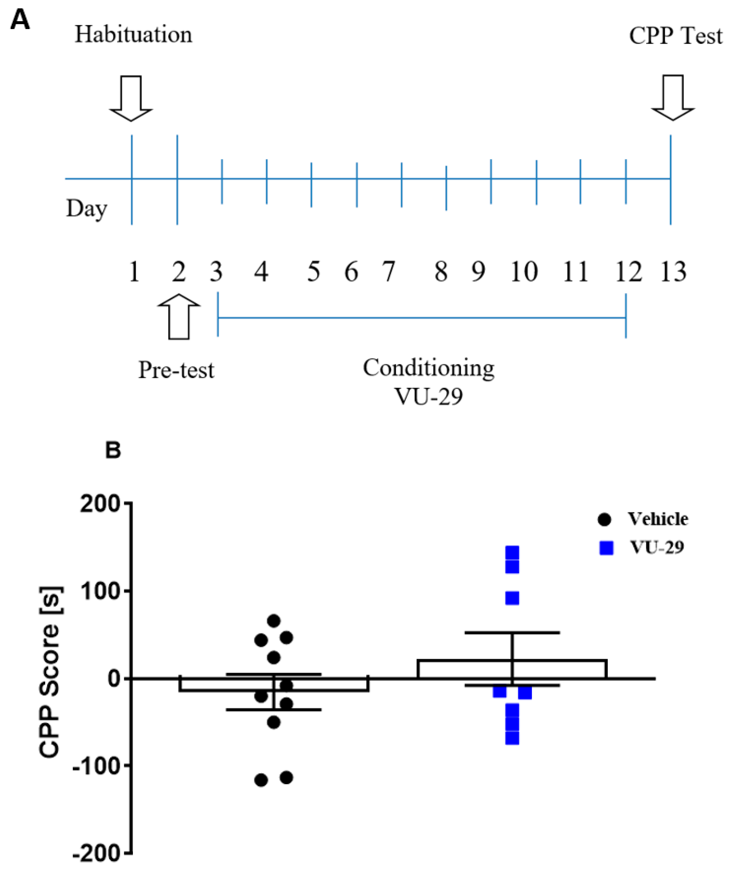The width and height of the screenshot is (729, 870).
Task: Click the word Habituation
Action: click(x=133, y=35)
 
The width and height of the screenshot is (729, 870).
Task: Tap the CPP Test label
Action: click(x=676, y=36)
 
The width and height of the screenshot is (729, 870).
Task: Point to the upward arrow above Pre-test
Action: click(x=179, y=317)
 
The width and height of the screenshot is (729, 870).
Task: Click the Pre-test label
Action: click(x=176, y=370)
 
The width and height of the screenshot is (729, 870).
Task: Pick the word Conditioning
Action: click(x=429, y=368)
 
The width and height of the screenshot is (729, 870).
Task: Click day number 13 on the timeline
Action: click(x=673, y=272)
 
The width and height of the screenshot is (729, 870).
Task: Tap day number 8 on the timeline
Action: click(x=441, y=272)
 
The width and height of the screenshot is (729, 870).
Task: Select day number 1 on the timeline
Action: click(x=134, y=272)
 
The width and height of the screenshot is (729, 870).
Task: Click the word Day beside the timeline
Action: click(x=86, y=208)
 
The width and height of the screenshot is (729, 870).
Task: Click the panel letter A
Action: click(x=20, y=20)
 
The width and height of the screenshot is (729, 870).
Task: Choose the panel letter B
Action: click(x=113, y=450)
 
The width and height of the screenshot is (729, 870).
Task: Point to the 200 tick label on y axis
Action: click(x=100, y=504)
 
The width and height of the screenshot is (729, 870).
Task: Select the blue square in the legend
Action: click(x=607, y=549)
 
